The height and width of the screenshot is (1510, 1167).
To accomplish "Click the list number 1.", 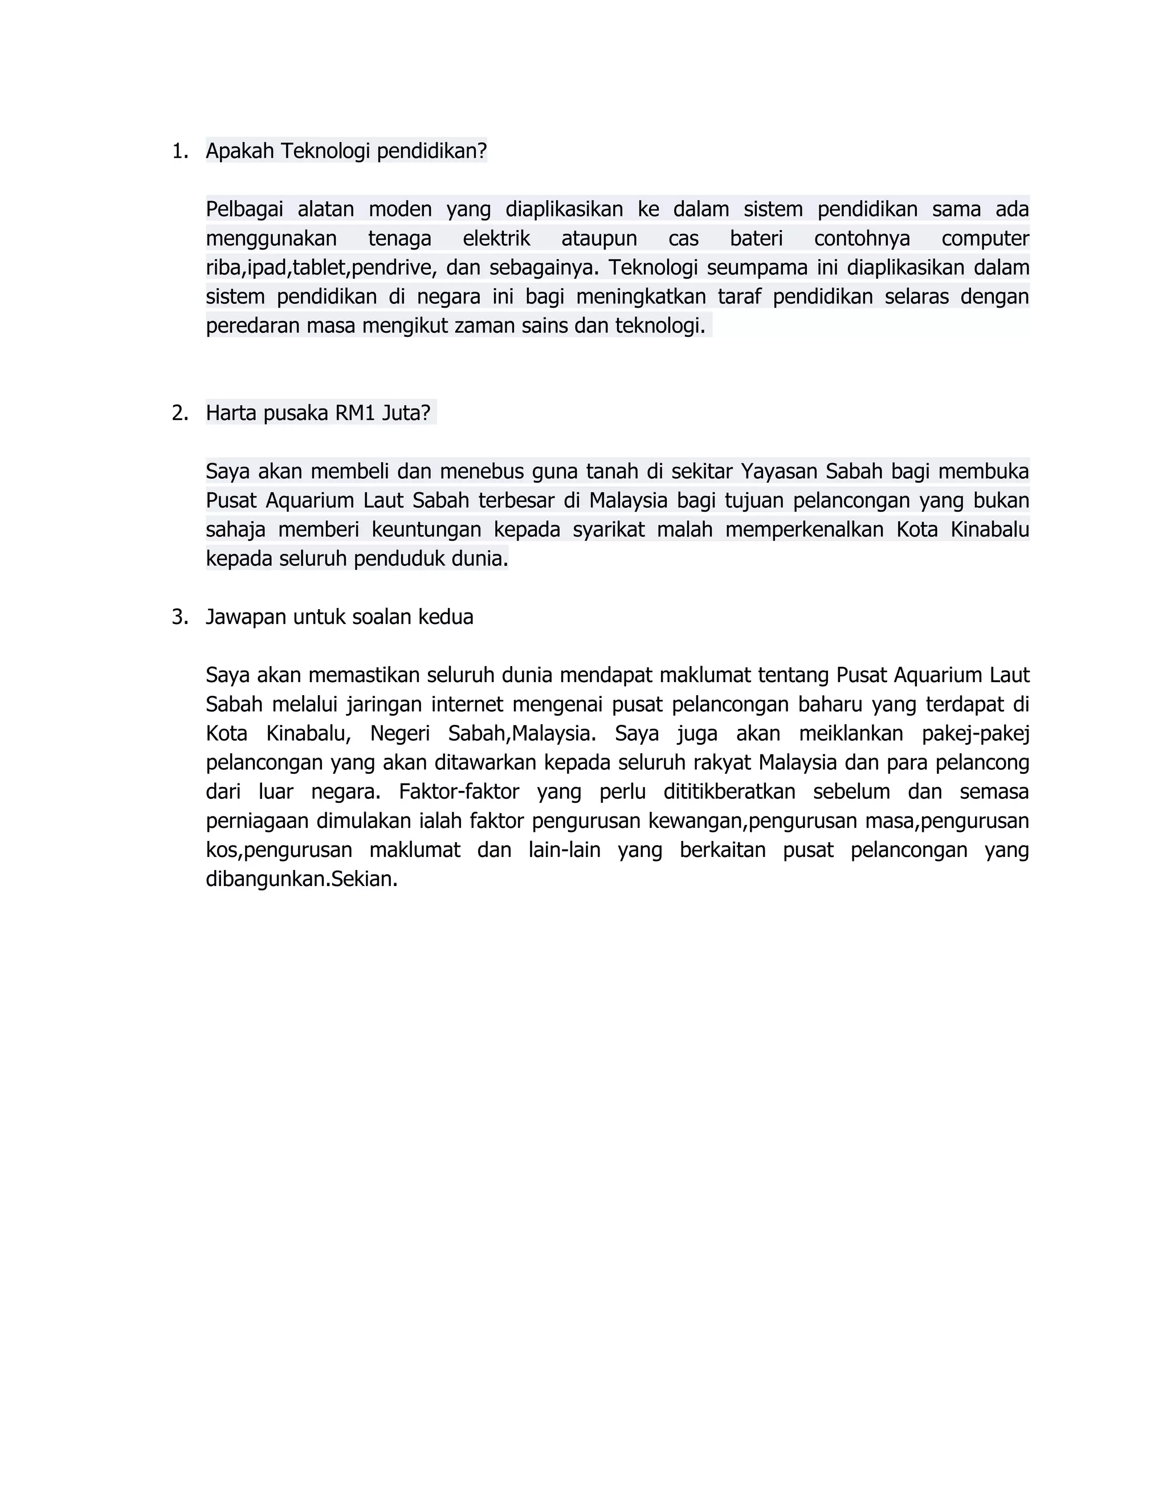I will [x=179, y=152].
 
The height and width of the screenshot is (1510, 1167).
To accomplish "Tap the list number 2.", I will [x=179, y=414].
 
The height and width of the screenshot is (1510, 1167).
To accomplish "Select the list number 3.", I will [x=179, y=618].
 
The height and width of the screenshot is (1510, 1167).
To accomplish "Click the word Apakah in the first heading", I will [x=240, y=151].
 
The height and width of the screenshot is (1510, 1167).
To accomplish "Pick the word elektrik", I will [x=496, y=239].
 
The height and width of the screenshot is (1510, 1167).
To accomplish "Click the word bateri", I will [x=756, y=239].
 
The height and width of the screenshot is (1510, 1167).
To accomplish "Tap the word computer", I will [x=985, y=239].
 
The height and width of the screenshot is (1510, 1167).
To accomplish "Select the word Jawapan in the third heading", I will [x=246, y=618].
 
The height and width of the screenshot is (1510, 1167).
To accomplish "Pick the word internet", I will [x=467, y=704].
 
